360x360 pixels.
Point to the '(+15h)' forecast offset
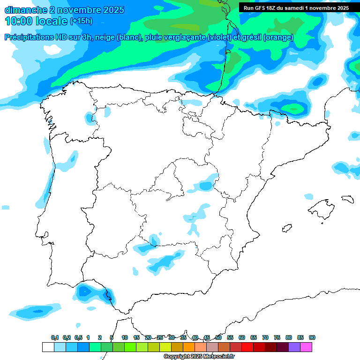81,21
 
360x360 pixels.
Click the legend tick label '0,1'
55,337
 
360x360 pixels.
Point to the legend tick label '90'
312,337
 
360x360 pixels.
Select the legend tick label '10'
125,337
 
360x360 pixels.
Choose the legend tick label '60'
242,337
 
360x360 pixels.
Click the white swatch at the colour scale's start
48,347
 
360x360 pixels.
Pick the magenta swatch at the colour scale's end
306,347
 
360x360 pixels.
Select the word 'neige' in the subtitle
105,37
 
